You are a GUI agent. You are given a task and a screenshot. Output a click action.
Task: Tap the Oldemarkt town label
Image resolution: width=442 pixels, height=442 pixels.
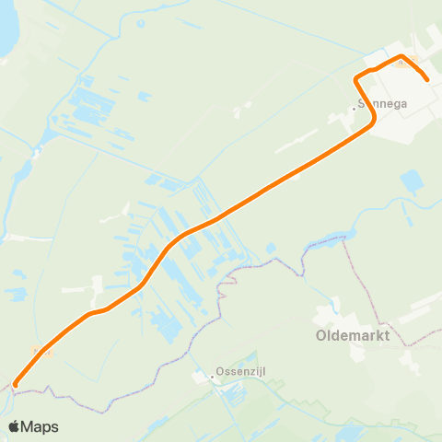[352, 336]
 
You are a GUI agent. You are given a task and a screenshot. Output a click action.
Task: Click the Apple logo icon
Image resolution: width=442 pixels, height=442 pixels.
[15, 426]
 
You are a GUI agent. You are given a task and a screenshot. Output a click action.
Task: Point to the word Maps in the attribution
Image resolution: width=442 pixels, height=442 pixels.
[41, 426]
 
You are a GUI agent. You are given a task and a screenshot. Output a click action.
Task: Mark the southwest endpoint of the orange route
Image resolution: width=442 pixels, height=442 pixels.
[16, 384]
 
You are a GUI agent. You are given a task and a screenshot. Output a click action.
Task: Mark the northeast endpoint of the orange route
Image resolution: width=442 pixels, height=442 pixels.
[428, 81]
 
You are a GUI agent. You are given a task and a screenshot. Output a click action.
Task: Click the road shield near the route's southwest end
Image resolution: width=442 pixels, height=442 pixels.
[40, 351]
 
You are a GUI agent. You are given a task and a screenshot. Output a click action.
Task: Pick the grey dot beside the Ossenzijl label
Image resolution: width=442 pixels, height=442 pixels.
[210, 376]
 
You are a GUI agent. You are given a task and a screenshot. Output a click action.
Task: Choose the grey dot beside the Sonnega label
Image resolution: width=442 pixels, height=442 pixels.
[354, 107]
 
